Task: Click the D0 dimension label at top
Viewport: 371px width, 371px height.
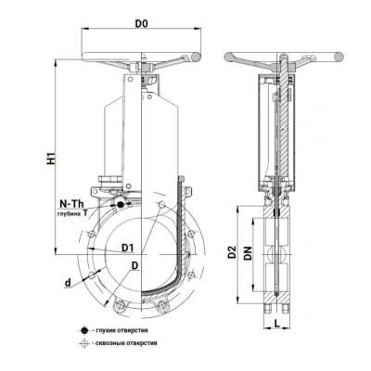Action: point(141,23)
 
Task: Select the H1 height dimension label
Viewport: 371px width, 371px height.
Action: point(50,158)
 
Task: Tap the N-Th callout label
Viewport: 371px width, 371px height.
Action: point(71,204)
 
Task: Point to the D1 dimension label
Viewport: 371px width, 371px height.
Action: point(127,248)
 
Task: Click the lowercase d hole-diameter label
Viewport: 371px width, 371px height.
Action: point(68,282)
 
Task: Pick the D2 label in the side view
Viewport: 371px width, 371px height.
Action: point(232,252)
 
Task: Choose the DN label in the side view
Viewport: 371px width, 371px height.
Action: point(248,253)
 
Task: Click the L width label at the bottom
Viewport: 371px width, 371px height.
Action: point(276,324)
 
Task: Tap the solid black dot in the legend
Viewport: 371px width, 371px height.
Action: point(83,330)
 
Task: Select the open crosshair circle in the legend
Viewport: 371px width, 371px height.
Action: point(83,343)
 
